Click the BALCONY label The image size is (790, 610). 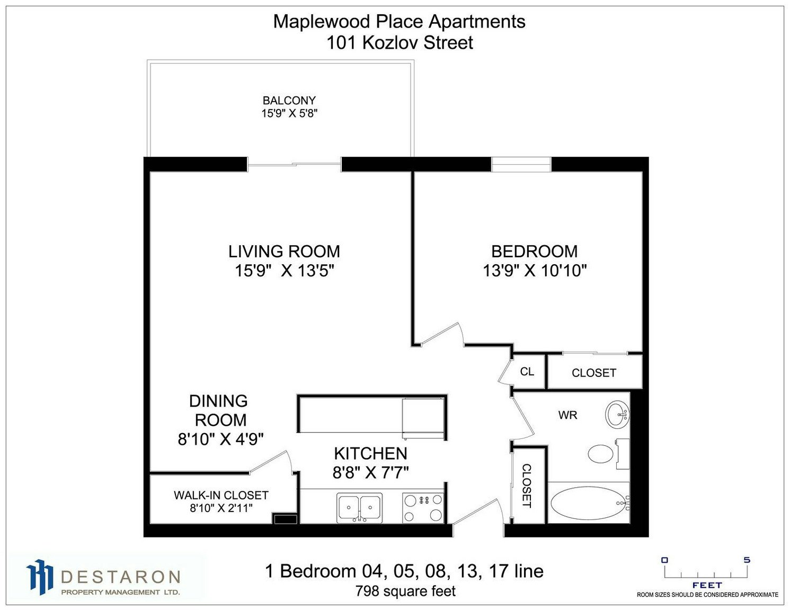[289, 100]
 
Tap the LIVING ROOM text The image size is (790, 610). [284, 252]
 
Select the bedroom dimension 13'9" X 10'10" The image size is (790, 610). [535, 271]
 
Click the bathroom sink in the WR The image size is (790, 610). [617, 415]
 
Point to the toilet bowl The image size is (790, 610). [601, 454]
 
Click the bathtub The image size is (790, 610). [589, 503]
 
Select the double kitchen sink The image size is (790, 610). [359, 508]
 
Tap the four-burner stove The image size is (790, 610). [423, 508]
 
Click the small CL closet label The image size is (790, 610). [527, 371]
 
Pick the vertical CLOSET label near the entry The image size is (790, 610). [527, 486]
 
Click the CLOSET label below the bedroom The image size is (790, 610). [593, 373]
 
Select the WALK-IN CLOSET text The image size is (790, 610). [221, 495]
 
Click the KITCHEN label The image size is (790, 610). [370, 453]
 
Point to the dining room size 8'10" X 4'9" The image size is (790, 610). [220, 439]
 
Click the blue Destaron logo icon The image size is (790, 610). [39, 578]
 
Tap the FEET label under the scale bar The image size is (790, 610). [707, 585]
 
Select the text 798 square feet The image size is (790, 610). [405, 591]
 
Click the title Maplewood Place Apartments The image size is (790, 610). [399, 21]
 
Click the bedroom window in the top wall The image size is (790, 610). [521, 164]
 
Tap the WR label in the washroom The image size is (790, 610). [567, 415]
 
